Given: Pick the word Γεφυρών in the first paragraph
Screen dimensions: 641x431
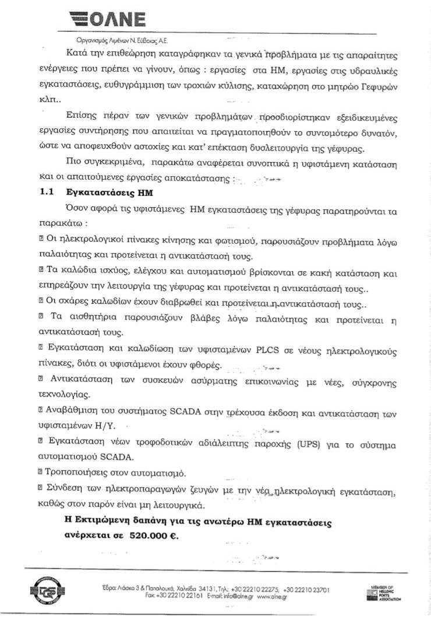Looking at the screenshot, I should pyautogui.click(x=379, y=88).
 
